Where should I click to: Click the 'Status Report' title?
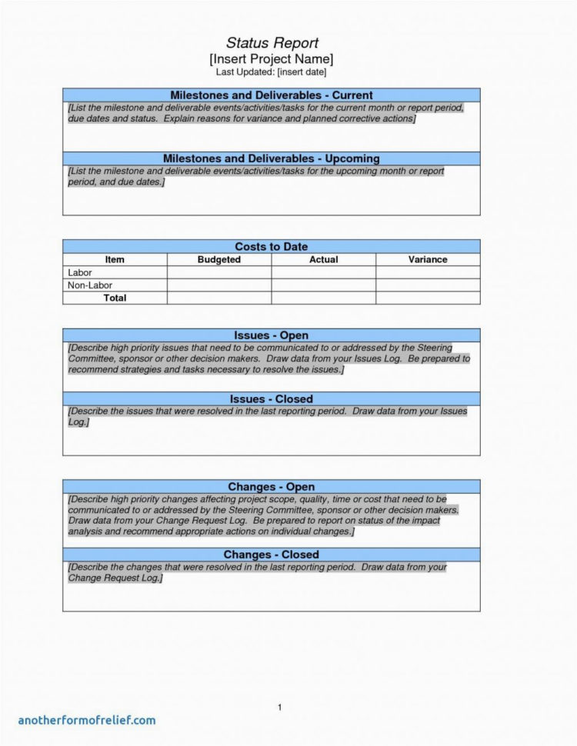[272, 43]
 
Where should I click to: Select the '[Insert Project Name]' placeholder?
[272, 58]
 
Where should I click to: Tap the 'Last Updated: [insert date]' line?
[271, 72]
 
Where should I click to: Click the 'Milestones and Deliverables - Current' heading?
[271, 95]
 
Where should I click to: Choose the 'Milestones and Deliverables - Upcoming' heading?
[271, 158]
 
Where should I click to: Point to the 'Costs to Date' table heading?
[271, 246]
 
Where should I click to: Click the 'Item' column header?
[115, 260]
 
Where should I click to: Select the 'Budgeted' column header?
[219, 260]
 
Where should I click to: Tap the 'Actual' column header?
[323, 260]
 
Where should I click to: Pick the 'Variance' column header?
[428, 260]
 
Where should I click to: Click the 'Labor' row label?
[79, 272]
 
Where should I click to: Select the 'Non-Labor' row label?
[90, 285]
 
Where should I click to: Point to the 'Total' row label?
[115, 298]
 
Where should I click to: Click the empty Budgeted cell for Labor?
[219, 272]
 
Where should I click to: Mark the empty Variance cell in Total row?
[428, 298]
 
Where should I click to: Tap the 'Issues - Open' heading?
[271, 335]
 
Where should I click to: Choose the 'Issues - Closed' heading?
[271, 399]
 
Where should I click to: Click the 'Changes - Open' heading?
[271, 487]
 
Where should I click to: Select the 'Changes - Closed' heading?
[271, 555]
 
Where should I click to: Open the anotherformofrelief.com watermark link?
[87, 720]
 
